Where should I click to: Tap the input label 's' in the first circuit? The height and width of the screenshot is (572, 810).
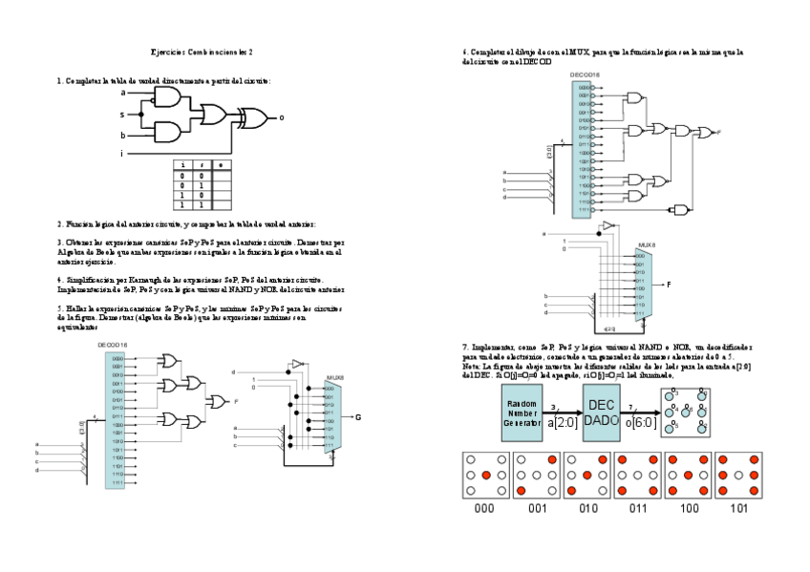tap(122, 114)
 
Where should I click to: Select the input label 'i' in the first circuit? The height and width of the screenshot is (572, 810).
tap(121, 153)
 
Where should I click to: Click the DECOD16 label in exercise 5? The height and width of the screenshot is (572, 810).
tap(112, 345)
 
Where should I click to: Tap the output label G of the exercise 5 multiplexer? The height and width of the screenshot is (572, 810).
tap(357, 417)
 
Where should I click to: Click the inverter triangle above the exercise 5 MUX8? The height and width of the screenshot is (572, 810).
tap(297, 364)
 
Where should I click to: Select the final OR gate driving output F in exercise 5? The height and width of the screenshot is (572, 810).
tap(217, 402)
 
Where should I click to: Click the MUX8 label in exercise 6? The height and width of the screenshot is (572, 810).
tap(647, 246)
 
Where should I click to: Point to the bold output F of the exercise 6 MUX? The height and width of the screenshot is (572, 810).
tap(669, 285)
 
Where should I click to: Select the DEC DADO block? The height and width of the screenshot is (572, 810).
tap(602, 413)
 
